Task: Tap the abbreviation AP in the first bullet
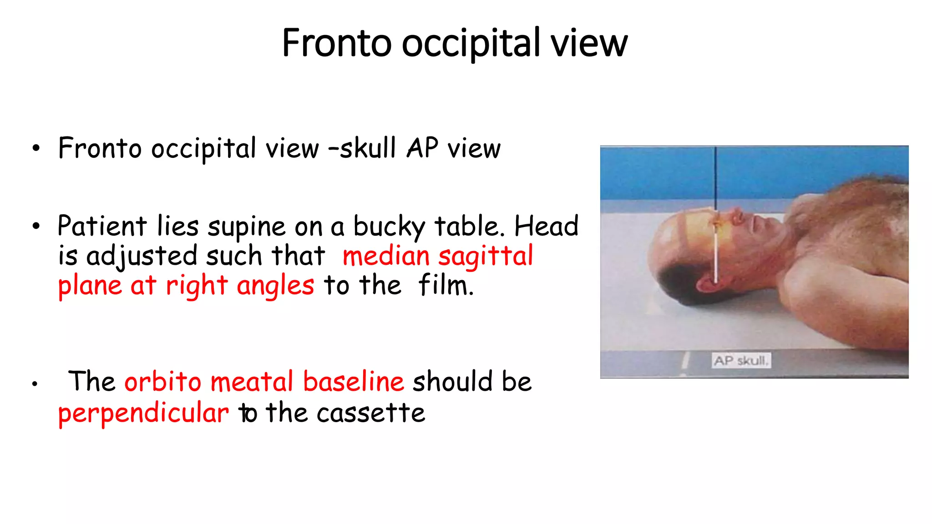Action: coord(422,148)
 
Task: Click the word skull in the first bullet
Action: coord(368,148)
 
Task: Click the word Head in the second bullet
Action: coord(546,226)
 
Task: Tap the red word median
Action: coord(386,256)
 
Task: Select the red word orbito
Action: coord(163,381)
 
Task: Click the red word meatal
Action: coord(252,381)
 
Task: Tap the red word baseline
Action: coord(353,381)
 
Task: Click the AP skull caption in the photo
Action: coord(741,361)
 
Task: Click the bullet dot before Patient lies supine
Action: coord(36,226)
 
